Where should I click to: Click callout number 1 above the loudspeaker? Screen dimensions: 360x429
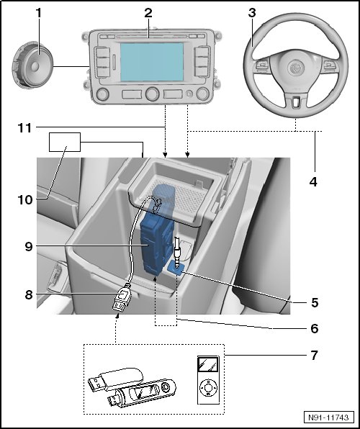39,13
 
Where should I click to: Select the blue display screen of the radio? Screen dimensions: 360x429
152,62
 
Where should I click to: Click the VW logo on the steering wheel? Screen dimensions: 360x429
296,68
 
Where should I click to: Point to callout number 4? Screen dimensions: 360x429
313,181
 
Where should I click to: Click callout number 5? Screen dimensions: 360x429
315,303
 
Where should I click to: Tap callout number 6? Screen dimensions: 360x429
315,328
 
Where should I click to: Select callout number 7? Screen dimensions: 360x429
315,356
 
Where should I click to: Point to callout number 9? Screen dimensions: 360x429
29,247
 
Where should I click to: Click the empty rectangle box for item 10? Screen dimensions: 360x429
65,142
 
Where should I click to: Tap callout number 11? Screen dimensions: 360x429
25,128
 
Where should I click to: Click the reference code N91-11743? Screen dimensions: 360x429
328,417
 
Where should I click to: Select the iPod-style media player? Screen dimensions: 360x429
208,380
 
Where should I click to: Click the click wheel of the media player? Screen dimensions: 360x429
208,387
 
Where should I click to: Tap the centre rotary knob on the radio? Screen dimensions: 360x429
153,94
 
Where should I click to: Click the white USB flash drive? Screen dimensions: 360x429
116,379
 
